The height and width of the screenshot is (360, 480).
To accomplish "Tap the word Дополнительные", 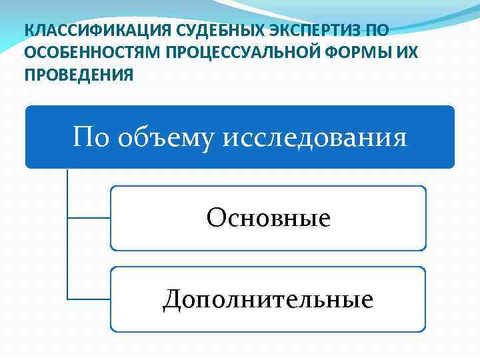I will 268,299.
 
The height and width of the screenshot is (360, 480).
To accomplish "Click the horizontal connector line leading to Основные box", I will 89,217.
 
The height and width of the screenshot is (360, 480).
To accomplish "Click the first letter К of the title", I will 28,31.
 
